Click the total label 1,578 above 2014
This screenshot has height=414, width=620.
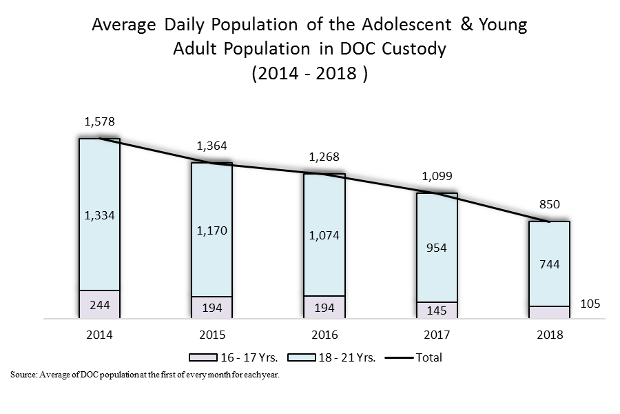coord(99,122)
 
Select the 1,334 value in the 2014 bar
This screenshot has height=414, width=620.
coord(99,215)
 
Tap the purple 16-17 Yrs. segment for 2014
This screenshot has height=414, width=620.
coord(99,304)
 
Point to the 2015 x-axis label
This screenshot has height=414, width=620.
coord(211,335)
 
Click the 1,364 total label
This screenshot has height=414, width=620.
coord(211,146)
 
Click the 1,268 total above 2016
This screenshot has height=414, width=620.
coord(324,157)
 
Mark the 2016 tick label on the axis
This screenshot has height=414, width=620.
coord(324,335)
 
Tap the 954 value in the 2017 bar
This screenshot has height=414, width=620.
coord(437,248)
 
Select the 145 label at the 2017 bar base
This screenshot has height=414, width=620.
coord(437,310)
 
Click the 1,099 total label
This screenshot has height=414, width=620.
coord(437,176)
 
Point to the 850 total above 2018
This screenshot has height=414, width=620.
coord(550,204)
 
